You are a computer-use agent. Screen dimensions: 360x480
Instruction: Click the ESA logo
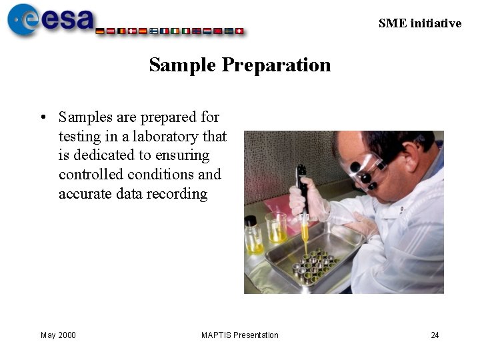51,19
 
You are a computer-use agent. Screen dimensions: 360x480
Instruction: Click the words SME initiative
419,23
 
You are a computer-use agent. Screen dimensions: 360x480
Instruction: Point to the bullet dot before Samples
43,118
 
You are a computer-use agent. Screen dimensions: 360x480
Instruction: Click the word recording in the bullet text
182,194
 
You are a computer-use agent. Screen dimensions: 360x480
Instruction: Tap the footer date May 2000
58,335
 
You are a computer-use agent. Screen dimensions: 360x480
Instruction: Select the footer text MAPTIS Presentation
240,335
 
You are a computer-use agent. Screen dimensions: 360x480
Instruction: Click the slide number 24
435,335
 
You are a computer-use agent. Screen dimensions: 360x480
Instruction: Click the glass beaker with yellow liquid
276,227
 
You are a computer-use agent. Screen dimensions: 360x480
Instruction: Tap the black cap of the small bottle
251,220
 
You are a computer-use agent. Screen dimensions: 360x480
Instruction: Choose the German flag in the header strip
101,31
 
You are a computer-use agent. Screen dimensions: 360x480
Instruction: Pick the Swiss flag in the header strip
239,31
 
